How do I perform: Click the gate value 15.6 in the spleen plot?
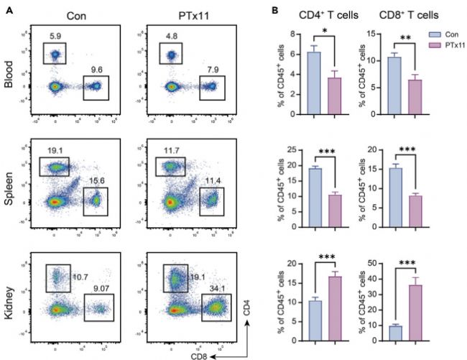click(95, 180)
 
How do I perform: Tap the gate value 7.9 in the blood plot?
click(211, 70)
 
